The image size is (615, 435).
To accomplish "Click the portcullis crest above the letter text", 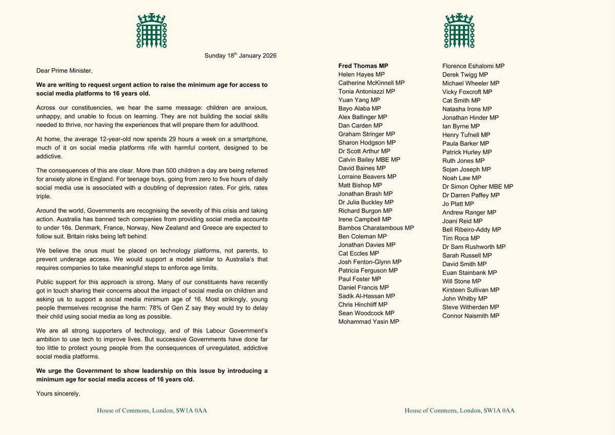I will (151, 31).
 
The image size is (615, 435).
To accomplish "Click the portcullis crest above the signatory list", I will (459, 31).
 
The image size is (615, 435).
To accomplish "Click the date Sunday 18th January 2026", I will (240, 56).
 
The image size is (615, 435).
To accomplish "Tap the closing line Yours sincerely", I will (58, 393).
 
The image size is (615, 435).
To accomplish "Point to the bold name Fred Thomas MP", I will (363, 66).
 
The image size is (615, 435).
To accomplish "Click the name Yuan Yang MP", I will (359, 100).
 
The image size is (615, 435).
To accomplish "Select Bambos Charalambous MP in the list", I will (376, 227).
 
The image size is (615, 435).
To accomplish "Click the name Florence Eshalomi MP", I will (473, 66).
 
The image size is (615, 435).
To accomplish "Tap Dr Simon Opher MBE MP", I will (477, 187).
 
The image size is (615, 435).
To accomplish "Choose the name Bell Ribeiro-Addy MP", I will (471, 230).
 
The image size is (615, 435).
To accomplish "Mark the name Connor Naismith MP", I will (470, 316).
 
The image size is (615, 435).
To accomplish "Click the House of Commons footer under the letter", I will (152, 410).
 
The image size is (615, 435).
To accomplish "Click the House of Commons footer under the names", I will (459, 410).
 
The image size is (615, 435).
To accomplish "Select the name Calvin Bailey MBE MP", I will (369, 159).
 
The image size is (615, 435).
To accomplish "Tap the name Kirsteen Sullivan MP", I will (470, 290).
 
